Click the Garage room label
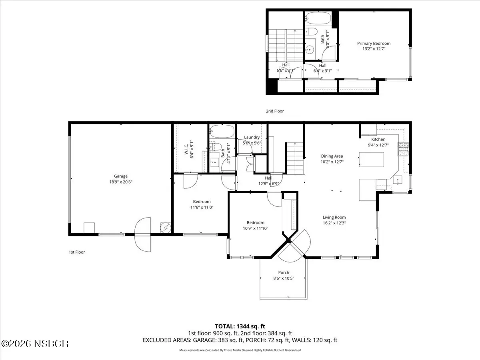(x=121, y=176)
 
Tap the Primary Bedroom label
(x=374, y=44)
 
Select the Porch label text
(x=284, y=272)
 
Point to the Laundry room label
(x=252, y=137)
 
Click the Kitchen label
(x=378, y=139)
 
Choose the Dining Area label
(x=332, y=156)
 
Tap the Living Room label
(x=334, y=217)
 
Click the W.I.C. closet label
(x=186, y=149)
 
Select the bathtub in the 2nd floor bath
(x=318, y=18)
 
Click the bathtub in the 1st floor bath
(x=222, y=131)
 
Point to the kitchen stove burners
(x=403, y=149)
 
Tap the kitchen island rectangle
(x=371, y=160)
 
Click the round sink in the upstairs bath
(x=310, y=50)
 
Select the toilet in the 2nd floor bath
(x=311, y=32)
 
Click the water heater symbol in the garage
(x=165, y=228)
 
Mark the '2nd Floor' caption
(x=275, y=111)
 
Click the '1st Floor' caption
(x=77, y=252)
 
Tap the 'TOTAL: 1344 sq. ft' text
(x=240, y=326)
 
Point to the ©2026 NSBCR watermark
(x=35, y=344)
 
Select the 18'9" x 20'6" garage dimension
(x=121, y=182)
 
